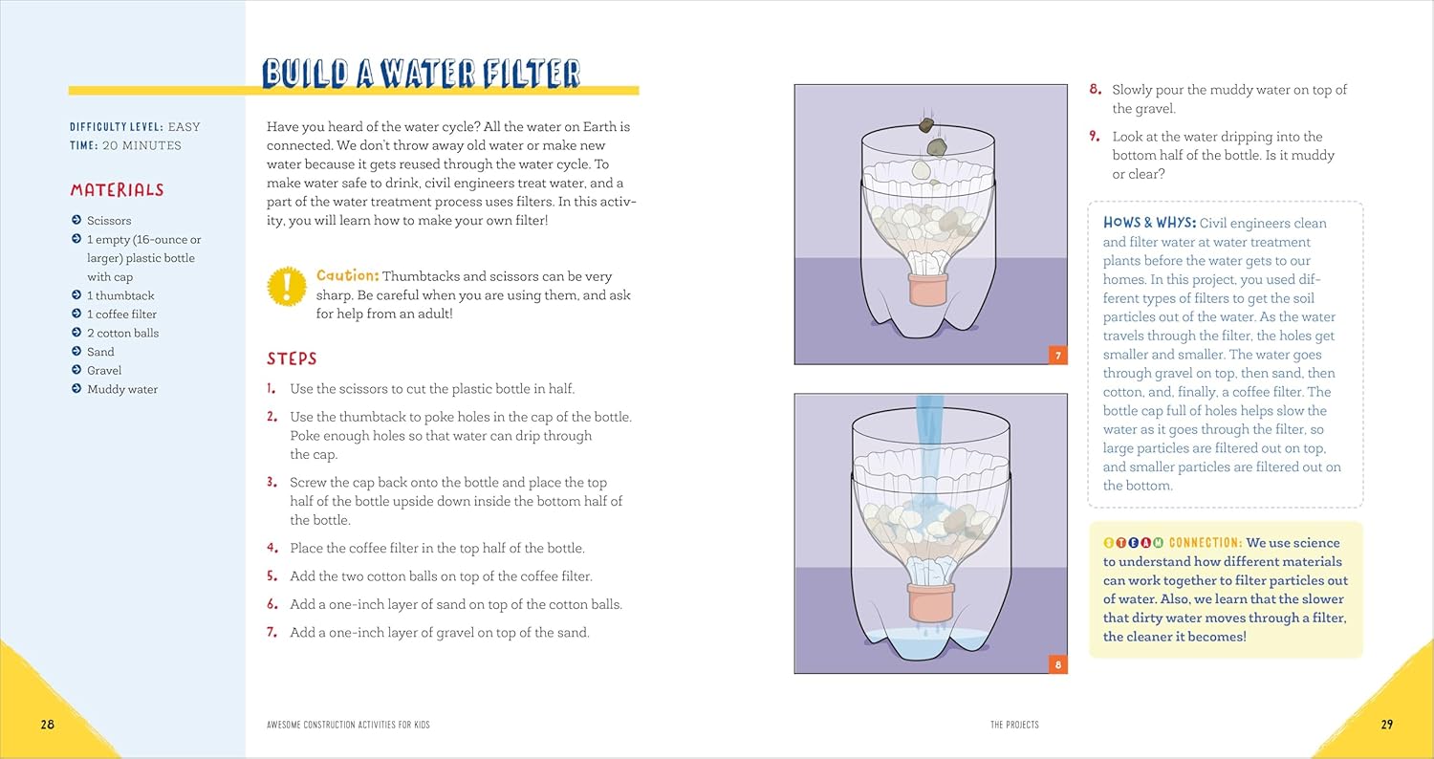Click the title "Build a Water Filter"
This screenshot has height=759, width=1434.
tap(421, 73)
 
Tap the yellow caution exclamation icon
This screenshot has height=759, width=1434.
tap(286, 286)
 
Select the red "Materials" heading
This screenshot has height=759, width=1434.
tap(118, 190)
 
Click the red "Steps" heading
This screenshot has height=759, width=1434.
tap(292, 358)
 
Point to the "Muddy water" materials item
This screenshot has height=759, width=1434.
tap(122, 389)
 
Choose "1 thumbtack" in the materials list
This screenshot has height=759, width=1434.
tap(120, 295)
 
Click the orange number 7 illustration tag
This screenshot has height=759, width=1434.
tap(1057, 356)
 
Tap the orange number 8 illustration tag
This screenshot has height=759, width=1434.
tap(1057, 664)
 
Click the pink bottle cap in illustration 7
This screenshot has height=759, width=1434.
tap(927, 290)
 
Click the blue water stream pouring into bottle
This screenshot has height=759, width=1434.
tap(929, 442)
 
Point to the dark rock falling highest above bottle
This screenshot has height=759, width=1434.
tap(926, 125)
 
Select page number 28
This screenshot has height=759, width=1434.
tap(48, 725)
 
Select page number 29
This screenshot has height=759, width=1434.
tap(1386, 725)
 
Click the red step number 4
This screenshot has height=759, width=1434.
tap(272, 548)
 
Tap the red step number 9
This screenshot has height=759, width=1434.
tap(1095, 137)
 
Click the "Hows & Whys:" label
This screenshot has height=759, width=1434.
tap(1149, 223)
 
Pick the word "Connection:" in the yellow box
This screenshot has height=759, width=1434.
tap(1206, 543)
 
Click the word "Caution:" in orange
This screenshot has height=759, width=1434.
tap(347, 276)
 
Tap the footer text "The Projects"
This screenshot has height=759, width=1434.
tap(1014, 725)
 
